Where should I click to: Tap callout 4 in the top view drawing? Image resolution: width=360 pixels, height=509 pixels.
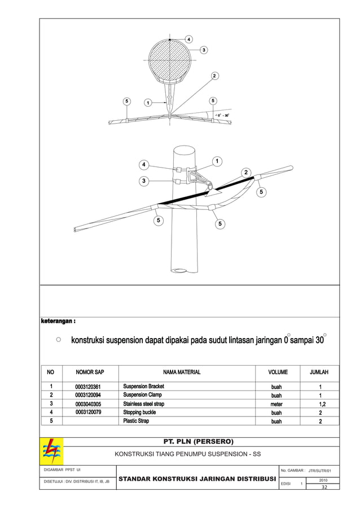[188, 39]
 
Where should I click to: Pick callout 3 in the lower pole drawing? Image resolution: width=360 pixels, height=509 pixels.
[144, 181]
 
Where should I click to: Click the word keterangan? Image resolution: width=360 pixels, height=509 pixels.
[58, 322]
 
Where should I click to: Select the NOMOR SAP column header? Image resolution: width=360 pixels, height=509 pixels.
[90, 372]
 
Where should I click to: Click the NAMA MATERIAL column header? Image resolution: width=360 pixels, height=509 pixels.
[182, 372]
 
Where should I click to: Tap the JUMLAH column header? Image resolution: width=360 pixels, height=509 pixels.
[319, 372]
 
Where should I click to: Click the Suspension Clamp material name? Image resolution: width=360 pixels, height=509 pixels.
[142, 395]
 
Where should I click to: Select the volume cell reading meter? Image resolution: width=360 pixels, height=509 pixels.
[276, 404]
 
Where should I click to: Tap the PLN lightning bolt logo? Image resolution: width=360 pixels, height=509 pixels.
[53, 451]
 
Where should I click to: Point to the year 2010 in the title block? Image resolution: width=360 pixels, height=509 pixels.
[324, 480]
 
